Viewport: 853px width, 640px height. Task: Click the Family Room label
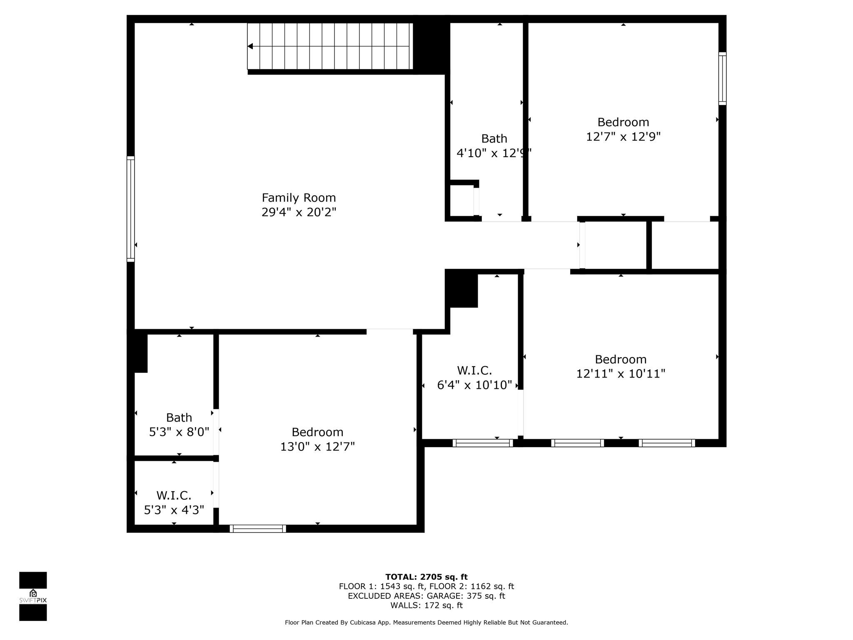point(299,197)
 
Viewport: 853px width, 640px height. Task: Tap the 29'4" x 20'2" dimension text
point(299,212)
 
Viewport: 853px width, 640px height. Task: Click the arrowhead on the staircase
point(250,46)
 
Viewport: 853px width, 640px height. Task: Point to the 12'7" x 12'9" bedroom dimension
point(623,137)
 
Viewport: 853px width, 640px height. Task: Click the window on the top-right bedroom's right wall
point(722,78)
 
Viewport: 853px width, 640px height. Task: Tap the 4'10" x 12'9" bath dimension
point(494,153)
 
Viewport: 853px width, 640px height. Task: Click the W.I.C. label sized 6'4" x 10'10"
point(474,370)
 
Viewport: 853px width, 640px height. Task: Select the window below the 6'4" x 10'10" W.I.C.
point(483,443)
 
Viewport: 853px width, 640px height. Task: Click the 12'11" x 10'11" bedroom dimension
point(621,374)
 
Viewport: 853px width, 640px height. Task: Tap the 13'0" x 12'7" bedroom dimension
point(317,447)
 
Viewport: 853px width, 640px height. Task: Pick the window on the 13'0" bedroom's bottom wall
point(258,529)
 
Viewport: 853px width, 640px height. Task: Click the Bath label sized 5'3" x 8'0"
point(179,417)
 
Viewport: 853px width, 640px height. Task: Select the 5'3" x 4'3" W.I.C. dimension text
point(174,510)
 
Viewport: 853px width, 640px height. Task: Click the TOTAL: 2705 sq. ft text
point(426,577)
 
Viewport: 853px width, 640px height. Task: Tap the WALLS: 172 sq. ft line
point(426,605)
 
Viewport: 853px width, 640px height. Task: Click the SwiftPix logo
point(33,596)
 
